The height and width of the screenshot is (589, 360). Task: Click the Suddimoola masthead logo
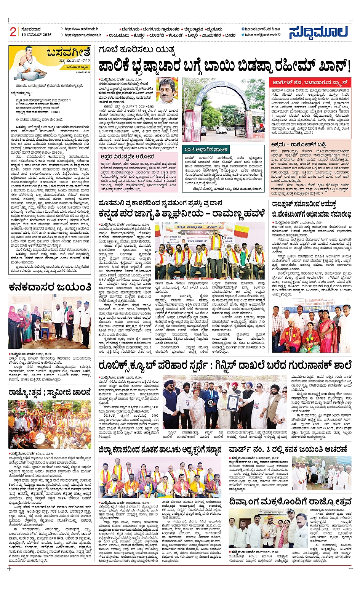[x=318, y=32]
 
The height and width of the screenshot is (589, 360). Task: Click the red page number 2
[x=13, y=32]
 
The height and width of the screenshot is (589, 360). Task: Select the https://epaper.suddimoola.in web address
[x=83, y=35]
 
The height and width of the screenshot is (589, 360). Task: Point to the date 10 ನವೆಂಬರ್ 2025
[x=37, y=35]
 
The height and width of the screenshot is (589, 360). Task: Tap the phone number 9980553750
[x=83, y=72]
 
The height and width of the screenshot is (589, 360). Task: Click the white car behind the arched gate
[x=221, y=130]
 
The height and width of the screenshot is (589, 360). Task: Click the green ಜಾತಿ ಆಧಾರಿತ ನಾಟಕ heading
[x=206, y=150]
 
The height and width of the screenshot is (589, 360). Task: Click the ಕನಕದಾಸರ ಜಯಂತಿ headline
[x=50, y=287]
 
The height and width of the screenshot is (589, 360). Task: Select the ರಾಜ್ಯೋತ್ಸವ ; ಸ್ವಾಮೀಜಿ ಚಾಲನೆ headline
[x=50, y=392]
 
